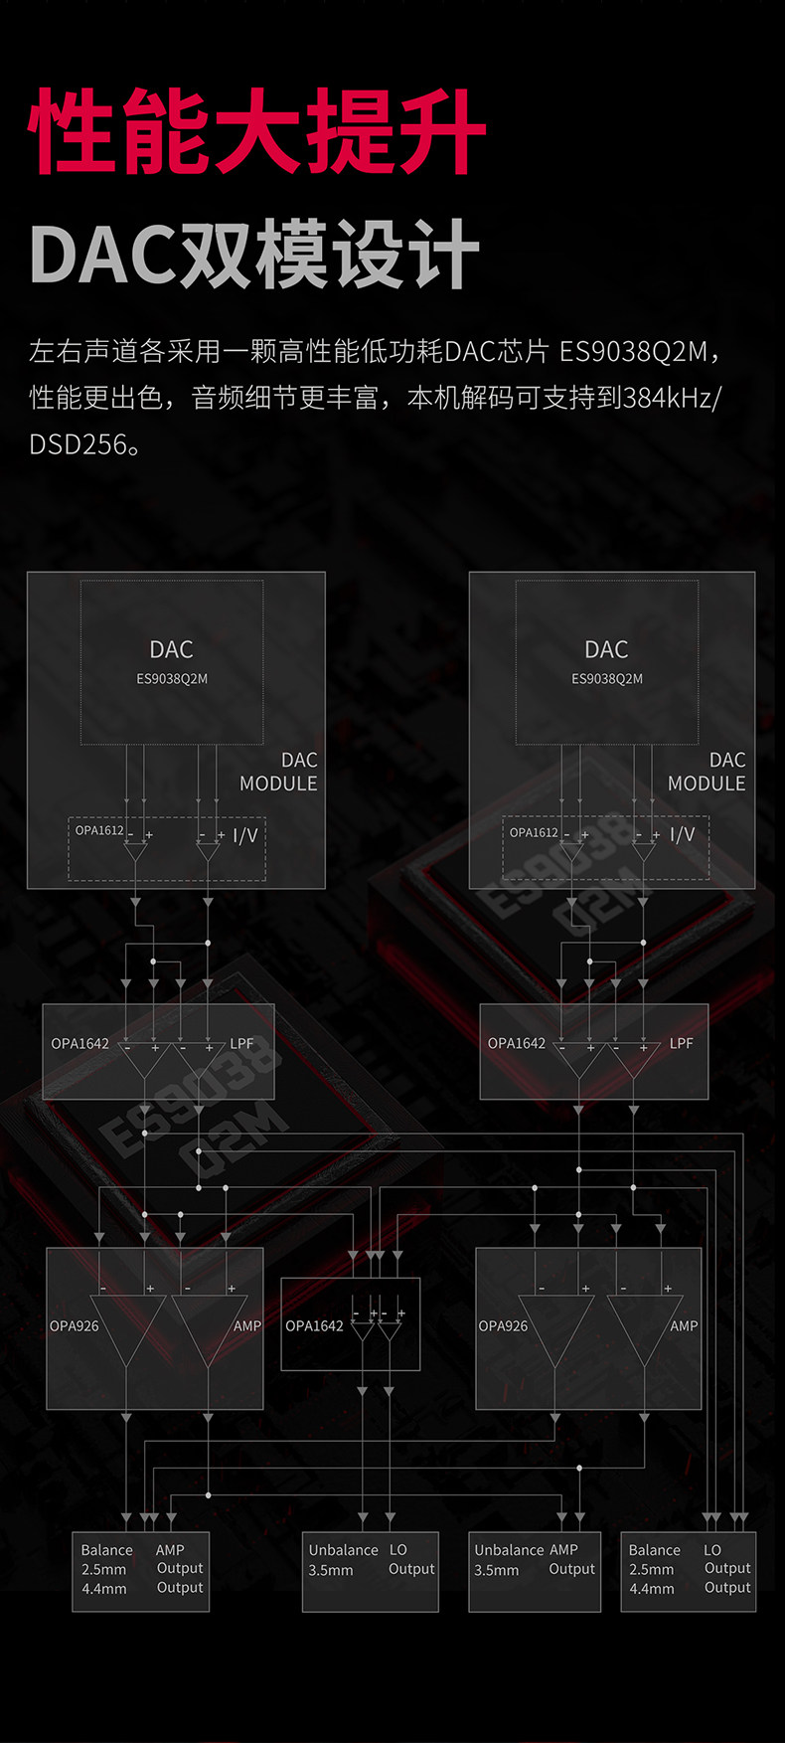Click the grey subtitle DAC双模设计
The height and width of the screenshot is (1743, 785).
coord(255,255)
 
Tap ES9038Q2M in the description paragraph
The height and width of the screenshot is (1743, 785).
coord(633,351)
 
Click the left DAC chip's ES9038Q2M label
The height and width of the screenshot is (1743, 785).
coord(172,679)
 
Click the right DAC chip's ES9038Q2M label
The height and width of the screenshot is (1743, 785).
coord(606,679)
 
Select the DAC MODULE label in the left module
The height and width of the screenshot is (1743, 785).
coord(279,772)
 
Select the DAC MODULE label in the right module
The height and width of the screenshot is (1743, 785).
coord(706,772)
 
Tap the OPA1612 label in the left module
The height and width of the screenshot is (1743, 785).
coord(99,830)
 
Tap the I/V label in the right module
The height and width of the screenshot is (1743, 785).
coord(682,834)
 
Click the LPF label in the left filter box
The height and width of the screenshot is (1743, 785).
coord(241,1043)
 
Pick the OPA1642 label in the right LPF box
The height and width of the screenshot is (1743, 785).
coord(517,1043)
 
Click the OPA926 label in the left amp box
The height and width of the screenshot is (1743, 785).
coord(75,1325)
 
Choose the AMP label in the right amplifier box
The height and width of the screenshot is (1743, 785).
coord(684,1325)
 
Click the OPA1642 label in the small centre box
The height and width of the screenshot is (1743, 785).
coord(314,1325)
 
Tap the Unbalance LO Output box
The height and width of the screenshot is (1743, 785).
coord(371,1571)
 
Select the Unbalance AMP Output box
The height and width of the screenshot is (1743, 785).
coord(535,1571)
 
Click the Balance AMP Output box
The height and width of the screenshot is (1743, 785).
coord(141,1571)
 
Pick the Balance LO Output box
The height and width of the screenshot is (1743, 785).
coord(689,1571)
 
